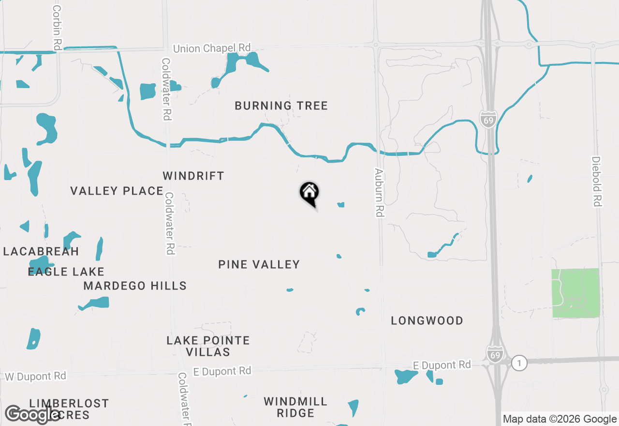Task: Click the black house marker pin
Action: [x=309, y=193]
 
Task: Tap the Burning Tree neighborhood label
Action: [x=281, y=106]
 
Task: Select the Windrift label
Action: [x=193, y=176]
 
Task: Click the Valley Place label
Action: [x=117, y=191]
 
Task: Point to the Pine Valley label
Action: [x=259, y=264]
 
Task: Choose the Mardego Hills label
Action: [x=135, y=286]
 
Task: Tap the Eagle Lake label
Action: [x=66, y=272]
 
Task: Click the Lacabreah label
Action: [x=41, y=251]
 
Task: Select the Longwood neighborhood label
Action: [x=427, y=320]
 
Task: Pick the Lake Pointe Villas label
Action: [x=208, y=346]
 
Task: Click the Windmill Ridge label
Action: [x=295, y=407]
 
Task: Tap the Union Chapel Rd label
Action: [x=212, y=48]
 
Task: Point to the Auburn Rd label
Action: [x=379, y=192]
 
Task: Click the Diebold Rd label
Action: [x=596, y=182]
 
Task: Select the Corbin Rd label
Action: [x=58, y=28]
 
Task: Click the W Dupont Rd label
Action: [x=35, y=376]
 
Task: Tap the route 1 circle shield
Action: [x=519, y=363]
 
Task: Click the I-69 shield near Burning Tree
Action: [x=488, y=119]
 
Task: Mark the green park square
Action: [x=575, y=293]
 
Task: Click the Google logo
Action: [x=32, y=414]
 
